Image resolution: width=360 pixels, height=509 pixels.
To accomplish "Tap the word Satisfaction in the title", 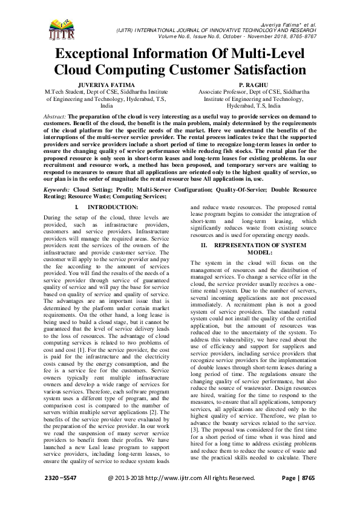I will tap(264, 69).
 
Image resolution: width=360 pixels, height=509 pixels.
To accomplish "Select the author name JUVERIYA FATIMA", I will tap(106, 84).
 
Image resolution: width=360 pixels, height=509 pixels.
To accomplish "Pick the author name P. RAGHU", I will tap(245, 84).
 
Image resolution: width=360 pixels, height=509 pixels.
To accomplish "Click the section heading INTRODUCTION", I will tap(114, 207).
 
